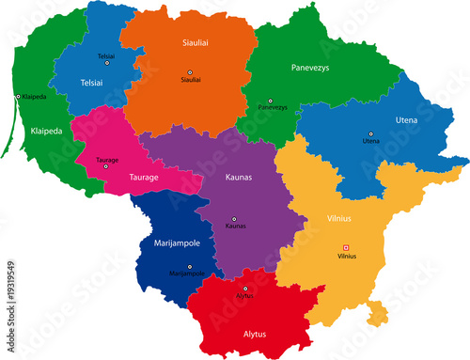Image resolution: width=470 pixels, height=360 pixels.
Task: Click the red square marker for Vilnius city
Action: tap(345, 248)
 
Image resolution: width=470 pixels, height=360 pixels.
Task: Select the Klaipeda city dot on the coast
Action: tap(18, 97)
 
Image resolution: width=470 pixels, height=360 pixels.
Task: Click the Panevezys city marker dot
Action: tap(270, 101)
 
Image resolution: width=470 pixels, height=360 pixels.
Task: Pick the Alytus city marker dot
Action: tap(246, 289)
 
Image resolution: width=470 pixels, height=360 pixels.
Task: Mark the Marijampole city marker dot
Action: tap(186, 266)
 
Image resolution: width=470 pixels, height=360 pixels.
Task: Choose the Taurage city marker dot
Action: tap(106, 166)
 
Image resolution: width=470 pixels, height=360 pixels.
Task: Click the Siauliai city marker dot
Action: tap(190, 72)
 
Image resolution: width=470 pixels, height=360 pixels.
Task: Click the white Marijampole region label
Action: tap(176, 241)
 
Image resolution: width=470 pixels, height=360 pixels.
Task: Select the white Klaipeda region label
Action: tap(45, 132)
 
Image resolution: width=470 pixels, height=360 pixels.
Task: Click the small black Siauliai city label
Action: tap(191, 80)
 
